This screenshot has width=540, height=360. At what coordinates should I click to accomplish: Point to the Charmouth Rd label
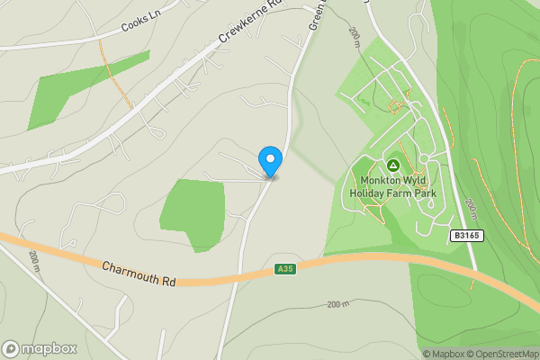138,273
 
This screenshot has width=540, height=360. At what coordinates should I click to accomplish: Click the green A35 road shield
285,269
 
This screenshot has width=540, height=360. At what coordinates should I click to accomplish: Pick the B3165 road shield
467,236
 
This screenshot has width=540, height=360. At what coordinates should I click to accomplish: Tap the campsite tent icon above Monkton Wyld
393,166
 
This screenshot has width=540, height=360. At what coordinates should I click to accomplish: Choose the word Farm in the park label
406,192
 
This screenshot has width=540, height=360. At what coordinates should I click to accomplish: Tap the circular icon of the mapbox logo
11,348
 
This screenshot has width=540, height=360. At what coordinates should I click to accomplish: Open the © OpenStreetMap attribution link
501,354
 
